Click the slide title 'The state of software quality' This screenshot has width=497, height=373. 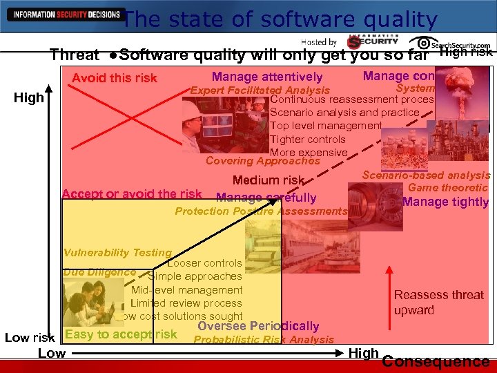click(x=280, y=19)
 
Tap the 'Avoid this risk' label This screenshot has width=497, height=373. click(x=115, y=78)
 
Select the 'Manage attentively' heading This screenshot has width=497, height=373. click(x=267, y=77)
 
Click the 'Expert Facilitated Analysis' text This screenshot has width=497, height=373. click(x=260, y=90)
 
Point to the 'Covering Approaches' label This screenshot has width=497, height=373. click(x=263, y=161)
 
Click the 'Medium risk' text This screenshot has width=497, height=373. click(x=269, y=180)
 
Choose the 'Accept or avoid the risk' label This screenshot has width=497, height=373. click(x=132, y=194)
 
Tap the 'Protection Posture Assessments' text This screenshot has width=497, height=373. click(x=261, y=211)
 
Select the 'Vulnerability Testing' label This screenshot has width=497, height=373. click(x=117, y=253)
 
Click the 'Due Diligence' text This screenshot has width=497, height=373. click(x=99, y=272)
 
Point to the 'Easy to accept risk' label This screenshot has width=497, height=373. click(x=121, y=334)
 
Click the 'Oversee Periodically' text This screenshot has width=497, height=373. click(x=258, y=326)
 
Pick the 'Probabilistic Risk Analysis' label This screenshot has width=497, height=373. click(x=263, y=339)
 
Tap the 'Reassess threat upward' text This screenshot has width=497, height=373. click(x=439, y=303)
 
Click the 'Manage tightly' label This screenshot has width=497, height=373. click(x=445, y=202)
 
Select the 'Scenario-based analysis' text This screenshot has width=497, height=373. click(x=426, y=175)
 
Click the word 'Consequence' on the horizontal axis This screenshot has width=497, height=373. click(x=436, y=361)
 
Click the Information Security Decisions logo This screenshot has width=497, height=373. click(x=63, y=15)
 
